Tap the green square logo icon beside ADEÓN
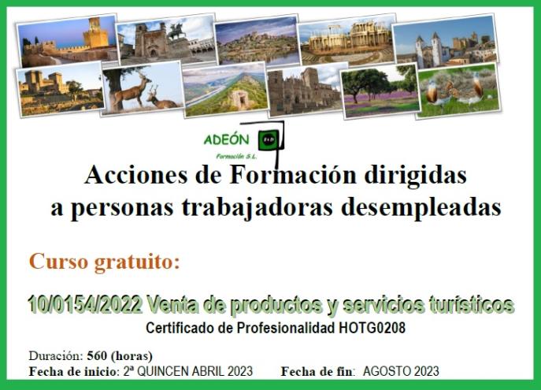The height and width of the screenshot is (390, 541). click(x=269, y=139)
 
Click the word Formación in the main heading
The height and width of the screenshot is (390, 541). click(x=293, y=175)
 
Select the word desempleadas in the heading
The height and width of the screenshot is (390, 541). click(x=421, y=208)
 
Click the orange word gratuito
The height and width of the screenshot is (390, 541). click(x=137, y=262)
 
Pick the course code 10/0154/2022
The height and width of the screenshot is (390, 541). click(x=85, y=304)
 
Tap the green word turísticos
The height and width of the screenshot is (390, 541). click(x=471, y=305)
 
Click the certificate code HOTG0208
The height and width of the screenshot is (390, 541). click(x=372, y=328)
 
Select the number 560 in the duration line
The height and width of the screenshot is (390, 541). click(x=97, y=355)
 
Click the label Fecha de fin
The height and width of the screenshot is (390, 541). click(x=317, y=372)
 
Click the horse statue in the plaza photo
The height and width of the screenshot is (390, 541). click(x=176, y=31)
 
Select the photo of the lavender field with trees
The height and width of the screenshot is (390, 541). click(x=380, y=91)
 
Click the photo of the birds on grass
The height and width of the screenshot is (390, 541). click(x=458, y=91)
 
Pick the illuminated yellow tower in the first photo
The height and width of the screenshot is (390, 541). click(x=95, y=35)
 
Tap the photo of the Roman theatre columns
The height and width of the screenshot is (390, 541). click(x=348, y=39)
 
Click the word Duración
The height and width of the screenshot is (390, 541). click(x=56, y=355)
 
